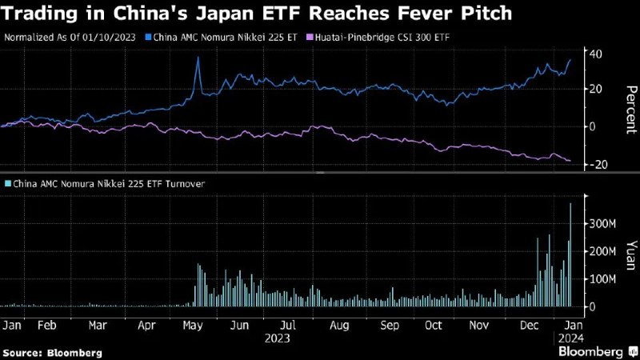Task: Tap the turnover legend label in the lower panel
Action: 104,183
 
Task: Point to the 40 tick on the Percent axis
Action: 595,54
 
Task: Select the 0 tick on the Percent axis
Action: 593,126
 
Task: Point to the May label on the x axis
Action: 193,326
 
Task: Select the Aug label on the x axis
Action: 339,326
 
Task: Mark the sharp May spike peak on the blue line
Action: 198,69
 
